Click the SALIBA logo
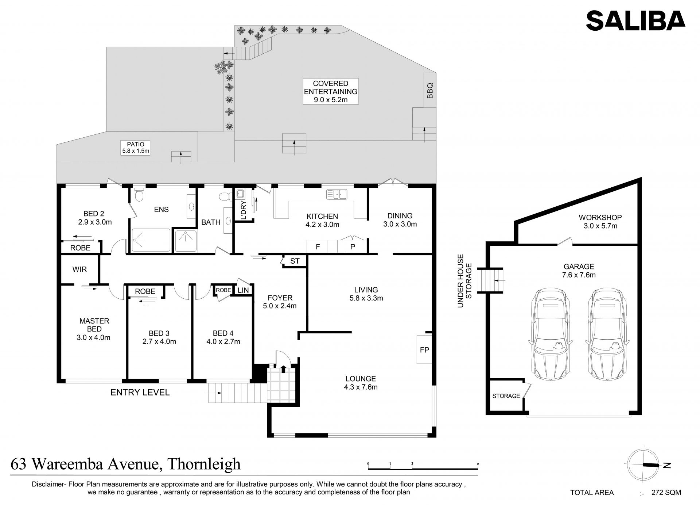[x=635, y=20]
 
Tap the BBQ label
[x=430, y=91]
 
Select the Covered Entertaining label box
[x=331, y=91]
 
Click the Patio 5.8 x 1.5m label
[x=136, y=147]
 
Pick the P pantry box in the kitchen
[x=353, y=246]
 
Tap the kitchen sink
[x=337, y=194]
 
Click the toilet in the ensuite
[x=139, y=195]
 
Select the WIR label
[x=79, y=269]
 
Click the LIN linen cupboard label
[x=243, y=290]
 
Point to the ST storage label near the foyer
[x=295, y=261]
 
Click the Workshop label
[x=600, y=218]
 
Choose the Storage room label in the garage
[x=506, y=396]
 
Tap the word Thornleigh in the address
[x=203, y=464]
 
